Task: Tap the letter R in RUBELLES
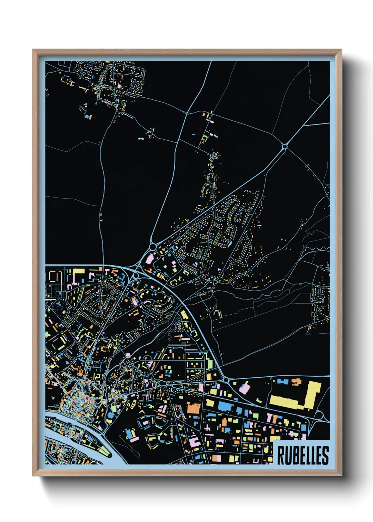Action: pyautogui.click(x=281, y=455)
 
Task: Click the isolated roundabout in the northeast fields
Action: pyautogui.click(x=285, y=146)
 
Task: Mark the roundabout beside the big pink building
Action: pyautogui.click(x=225, y=380)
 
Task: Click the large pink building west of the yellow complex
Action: pyautogui.click(x=244, y=389)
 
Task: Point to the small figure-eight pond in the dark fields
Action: pyautogui.click(x=141, y=139)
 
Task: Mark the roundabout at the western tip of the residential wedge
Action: pyautogui.click(x=153, y=247)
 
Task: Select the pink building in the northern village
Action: pyautogui.click(x=119, y=86)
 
